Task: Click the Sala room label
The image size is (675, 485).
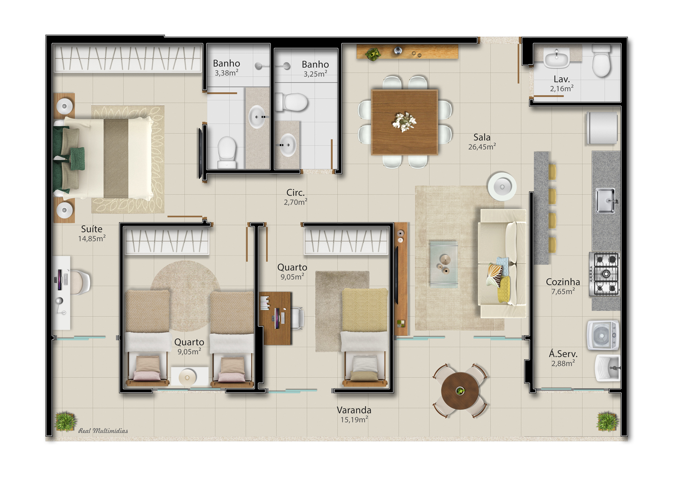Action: (481, 137)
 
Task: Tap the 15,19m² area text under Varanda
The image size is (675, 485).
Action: (354, 419)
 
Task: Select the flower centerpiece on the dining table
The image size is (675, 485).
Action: (404, 122)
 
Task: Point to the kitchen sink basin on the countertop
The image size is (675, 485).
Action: (606, 200)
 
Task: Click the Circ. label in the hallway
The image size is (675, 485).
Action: (295, 193)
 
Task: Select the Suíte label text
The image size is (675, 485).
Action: (92, 229)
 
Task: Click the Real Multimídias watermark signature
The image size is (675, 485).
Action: (103, 431)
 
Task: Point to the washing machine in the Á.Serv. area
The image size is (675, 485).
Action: (603, 335)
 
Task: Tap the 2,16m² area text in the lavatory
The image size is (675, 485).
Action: (562, 88)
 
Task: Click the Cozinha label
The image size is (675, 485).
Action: (563, 282)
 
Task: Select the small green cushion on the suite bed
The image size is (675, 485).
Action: (78, 158)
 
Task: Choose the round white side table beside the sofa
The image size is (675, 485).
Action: (502, 187)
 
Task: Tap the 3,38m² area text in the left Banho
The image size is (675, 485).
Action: (227, 73)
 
